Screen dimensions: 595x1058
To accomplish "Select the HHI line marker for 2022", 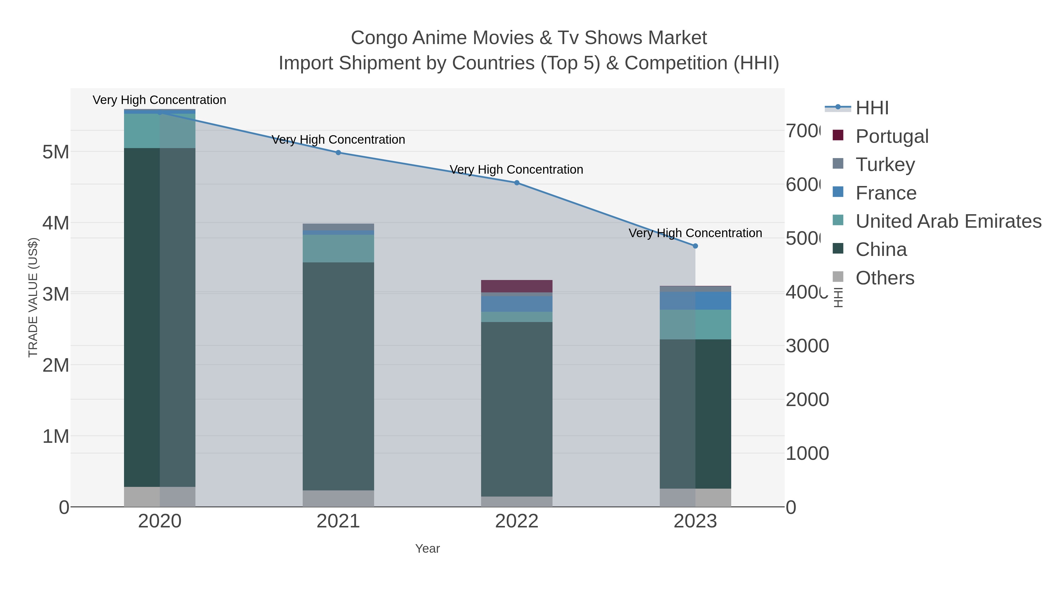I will click(517, 183).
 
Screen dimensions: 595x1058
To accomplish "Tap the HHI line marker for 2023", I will click(695, 246).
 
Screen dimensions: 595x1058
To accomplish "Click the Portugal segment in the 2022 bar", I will click(517, 286).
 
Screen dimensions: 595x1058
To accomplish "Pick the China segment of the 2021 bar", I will click(338, 376).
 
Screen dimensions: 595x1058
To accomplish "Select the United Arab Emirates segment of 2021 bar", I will click(338, 248).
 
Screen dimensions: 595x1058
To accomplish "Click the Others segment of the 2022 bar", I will click(517, 501).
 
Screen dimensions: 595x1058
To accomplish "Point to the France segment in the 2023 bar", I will click(695, 301).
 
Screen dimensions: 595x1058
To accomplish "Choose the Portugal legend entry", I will click(891, 136).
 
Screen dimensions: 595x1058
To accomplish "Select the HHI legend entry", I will click(872, 108).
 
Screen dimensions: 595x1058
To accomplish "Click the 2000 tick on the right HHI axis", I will click(807, 400).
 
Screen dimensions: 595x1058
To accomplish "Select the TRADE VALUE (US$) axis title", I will click(33, 297).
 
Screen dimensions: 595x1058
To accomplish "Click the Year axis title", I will click(427, 549).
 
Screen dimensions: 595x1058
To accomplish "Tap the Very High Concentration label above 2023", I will click(695, 233).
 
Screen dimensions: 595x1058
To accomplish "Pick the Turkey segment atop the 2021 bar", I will click(338, 227).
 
